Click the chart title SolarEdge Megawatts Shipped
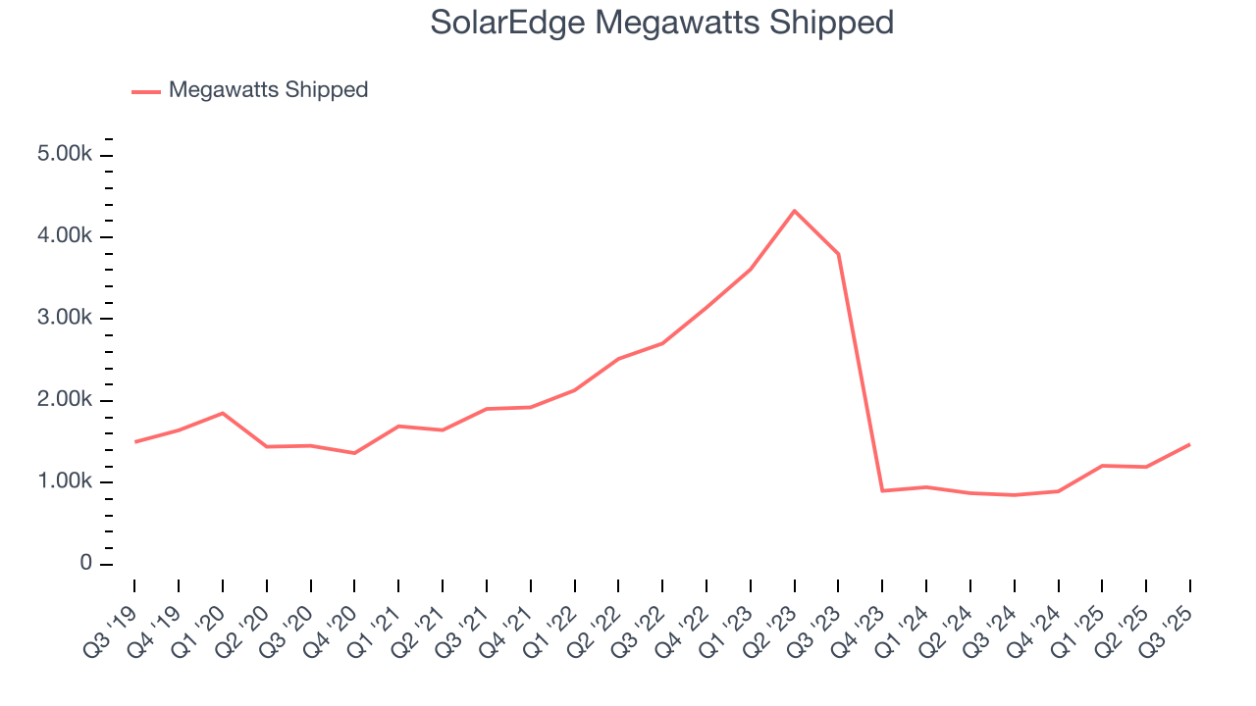(x=662, y=23)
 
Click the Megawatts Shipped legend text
(x=268, y=90)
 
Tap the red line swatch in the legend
(x=146, y=91)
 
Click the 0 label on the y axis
(x=87, y=564)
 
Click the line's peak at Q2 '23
(x=794, y=211)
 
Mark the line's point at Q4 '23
(x=882, y=490)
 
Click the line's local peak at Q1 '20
(x=223, y=413)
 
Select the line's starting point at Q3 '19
(x=134, y=441)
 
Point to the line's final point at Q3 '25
(x=1190, y=444)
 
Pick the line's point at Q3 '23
(x=838, y=254)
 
